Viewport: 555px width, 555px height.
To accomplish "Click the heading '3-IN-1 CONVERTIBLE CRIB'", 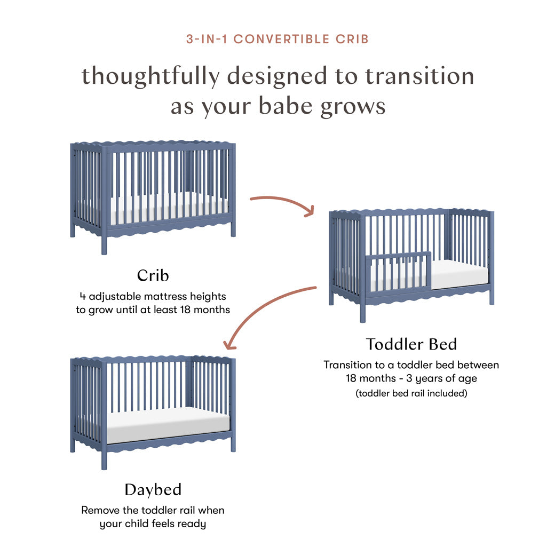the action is pyautogui.click(x=277, y=39).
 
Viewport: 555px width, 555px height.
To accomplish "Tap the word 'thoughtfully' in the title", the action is pyautogui.click(x=151, y=76).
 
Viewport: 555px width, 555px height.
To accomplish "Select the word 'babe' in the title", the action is pyautogui.click(x=286, y=106).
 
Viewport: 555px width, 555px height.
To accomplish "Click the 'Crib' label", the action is pyautogui.click(x=153, y=275).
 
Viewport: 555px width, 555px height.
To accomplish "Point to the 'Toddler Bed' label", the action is pyautogui.click(x=411, y=344).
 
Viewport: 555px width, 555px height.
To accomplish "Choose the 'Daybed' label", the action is pyautogui.click(x=153, y=490).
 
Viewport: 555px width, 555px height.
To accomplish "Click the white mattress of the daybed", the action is pyautogui.click(x=168, y=424).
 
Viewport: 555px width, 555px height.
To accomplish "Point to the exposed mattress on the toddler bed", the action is pyautogui.click(x=459, y=274).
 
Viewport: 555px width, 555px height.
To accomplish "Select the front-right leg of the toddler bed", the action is pyautogui.click(x=491, y=295).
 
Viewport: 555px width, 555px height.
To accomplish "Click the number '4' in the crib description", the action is pyautogui.click(x=83, y=296).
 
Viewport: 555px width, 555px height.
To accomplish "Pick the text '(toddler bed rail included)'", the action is pyautogui.click(x=411, y=393).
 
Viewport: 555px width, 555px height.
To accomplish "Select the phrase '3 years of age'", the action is pyautogui.click(x=441, y=379).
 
